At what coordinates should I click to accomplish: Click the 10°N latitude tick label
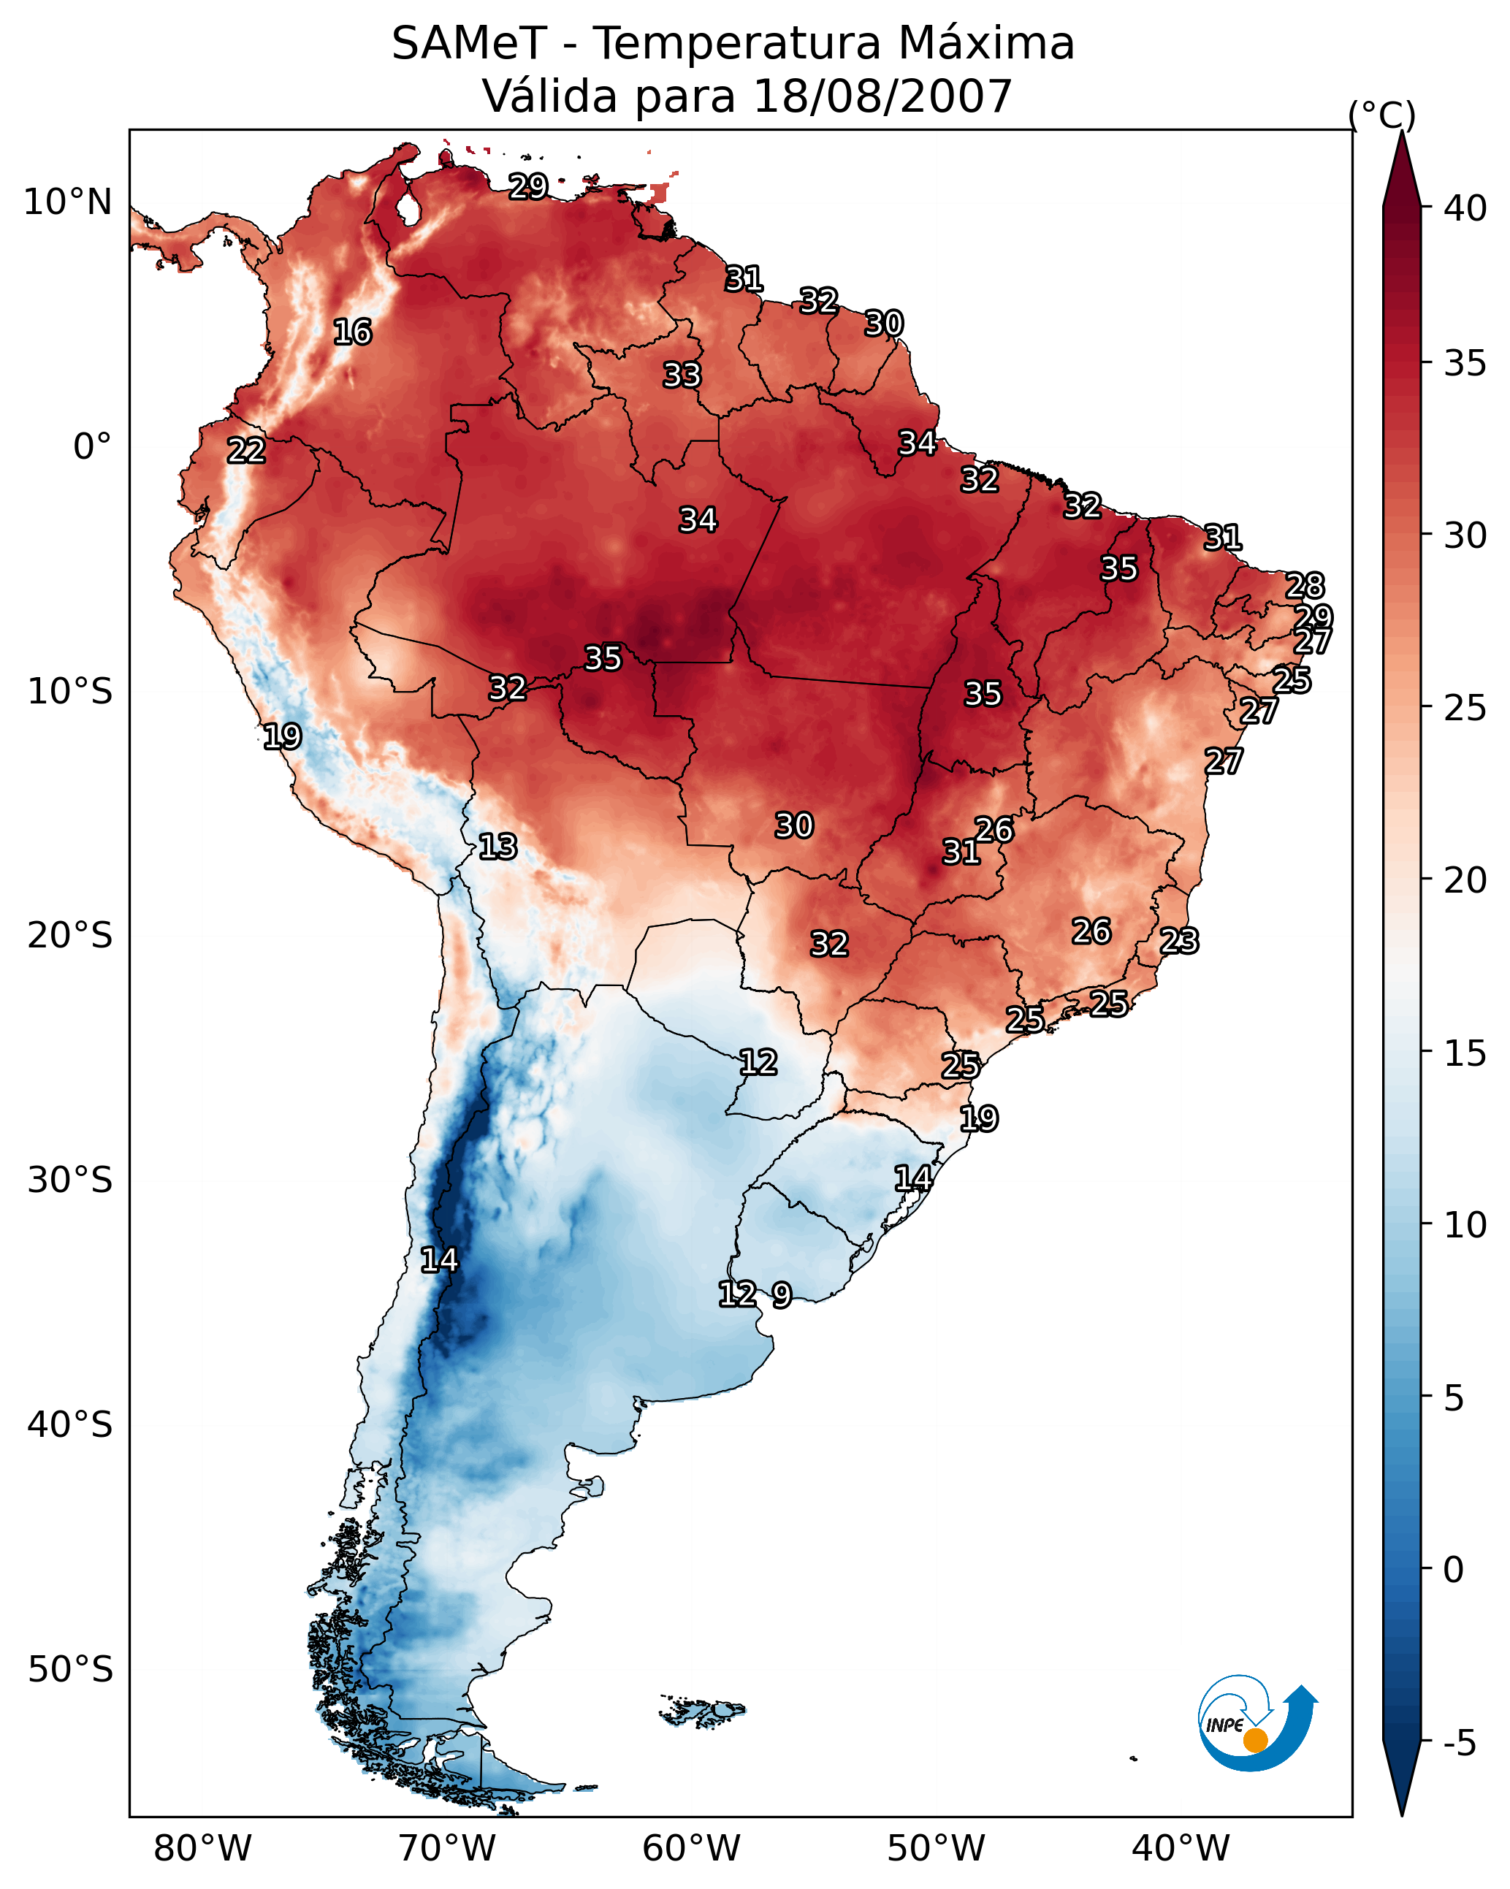click(x=67, y=202)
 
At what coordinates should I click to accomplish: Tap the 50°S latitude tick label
click(x=70, y=1669)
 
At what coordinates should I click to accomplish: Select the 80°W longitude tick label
click(x=202, y=1848)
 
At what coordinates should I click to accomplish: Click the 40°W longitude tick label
click(x=1181, y=1848)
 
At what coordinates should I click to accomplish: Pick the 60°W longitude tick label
click(x=692, y=1848)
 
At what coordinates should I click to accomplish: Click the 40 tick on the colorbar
click(x=1465, y=208)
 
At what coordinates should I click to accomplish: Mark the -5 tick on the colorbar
click(x=1459, y=1744)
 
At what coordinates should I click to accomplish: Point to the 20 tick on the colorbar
click(x=1465, y=879)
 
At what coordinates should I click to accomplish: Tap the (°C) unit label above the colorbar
click(x=1381, y=115)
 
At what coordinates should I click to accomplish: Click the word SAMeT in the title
click(x=469, y=44)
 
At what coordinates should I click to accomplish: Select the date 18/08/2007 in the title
click(x=882, y=96)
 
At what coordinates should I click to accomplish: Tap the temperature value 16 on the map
click(x=352, y=332)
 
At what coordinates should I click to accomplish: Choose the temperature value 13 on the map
click(x=497, y=847)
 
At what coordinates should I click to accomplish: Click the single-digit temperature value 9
click(x=782, y=1295)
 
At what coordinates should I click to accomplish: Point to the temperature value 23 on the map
click(x=1179, y=941)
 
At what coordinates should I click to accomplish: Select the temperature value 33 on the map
click(x=682, y=375)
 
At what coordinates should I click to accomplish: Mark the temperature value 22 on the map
click(x=246, y=451)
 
